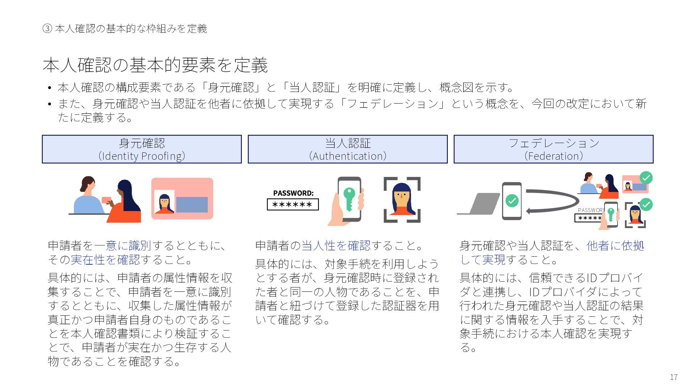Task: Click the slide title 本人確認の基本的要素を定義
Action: pyautogui.click(x=155, y=65)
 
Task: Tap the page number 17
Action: pyautogui.click(x=673, y=377)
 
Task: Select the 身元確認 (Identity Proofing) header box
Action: pyautogui.click(x=142, y=149)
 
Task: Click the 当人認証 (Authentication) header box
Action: pyautogui.click(x=347, y=149)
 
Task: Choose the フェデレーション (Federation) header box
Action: pyautogui.click(x=553, y=149)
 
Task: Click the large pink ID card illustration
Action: pyautogui.click(x=182, y=198)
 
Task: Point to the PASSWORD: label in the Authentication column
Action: pyautogui.click(x=293, y=193)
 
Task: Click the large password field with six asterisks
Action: pyautogui.click(x=292, y=205)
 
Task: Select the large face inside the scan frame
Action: pyautogui.click(x=402, y=199)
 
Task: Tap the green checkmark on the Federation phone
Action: pyautogui.click(x=511, y=200)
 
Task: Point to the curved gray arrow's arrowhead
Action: pyautogui.click(x=529, y=211)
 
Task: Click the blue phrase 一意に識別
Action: pyautogui.click(x=122, y=245)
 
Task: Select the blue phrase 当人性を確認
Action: pyautogui.click(x=336, y=245)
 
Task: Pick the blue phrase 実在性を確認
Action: pyautogui.click(x=105, y=260)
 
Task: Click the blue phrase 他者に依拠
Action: pyautogui.click(x=615, y=245)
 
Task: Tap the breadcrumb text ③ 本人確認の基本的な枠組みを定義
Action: pyautogui.click(x=125, y=29)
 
